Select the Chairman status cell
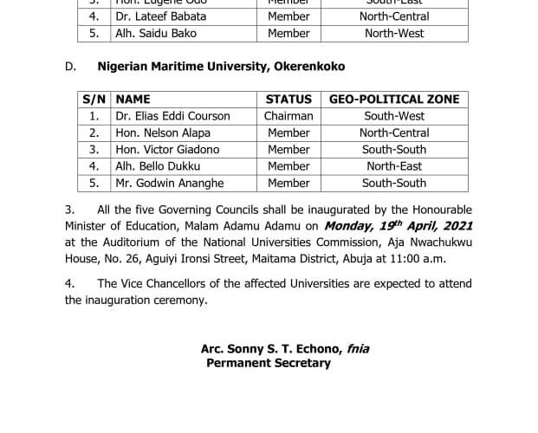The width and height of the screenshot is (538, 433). click(288, 116)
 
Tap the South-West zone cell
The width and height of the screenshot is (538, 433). click(394, 116)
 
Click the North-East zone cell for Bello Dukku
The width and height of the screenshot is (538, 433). click(394, 166)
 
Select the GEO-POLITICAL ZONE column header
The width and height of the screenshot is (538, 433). click(394, 100)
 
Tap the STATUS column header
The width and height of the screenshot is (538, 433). click(288, 100)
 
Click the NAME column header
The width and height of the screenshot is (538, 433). click(133, 100)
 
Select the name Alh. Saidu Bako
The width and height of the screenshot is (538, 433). click(156, 33)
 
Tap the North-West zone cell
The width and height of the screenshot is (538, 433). click(394, 33)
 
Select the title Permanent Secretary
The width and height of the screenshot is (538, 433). click(269, 363)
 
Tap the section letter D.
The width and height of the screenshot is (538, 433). click(69, 66)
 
